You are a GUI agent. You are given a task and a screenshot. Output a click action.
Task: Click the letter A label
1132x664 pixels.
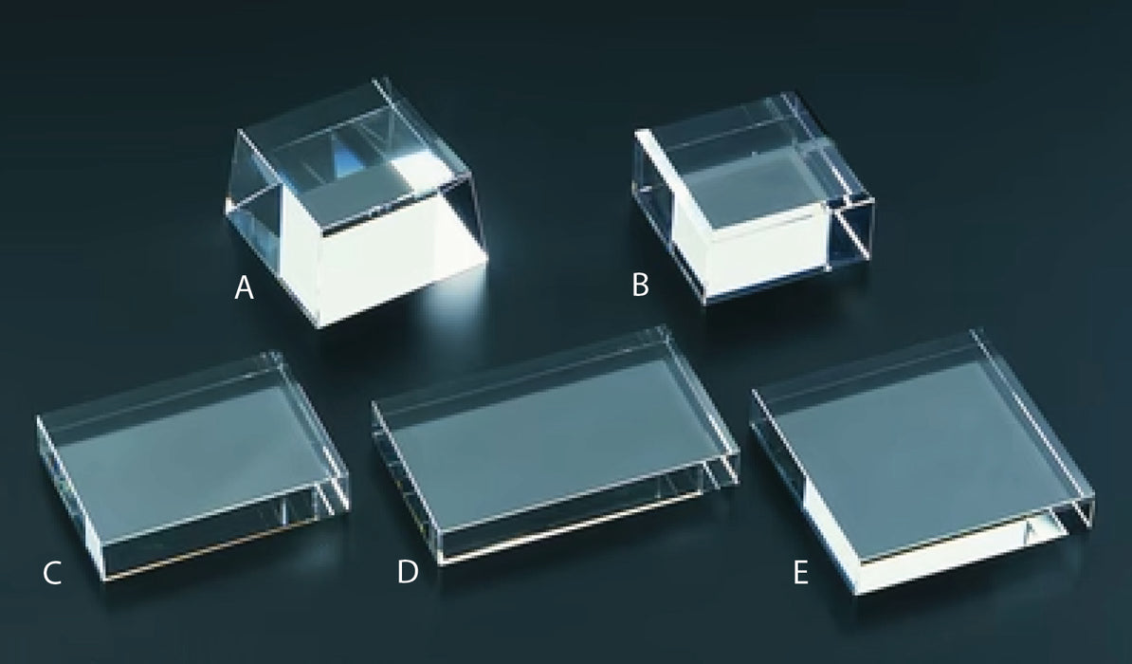click(x=244, y=288)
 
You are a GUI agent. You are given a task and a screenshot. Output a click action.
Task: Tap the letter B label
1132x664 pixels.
click(x=641, y=285)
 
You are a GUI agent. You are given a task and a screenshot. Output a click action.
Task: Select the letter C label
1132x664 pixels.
click(x=52, y=573)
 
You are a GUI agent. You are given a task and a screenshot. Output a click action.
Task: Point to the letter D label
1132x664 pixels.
click(x=408, y=573)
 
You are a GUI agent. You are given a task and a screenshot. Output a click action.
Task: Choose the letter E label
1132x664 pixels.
click(x=801, y=573)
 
